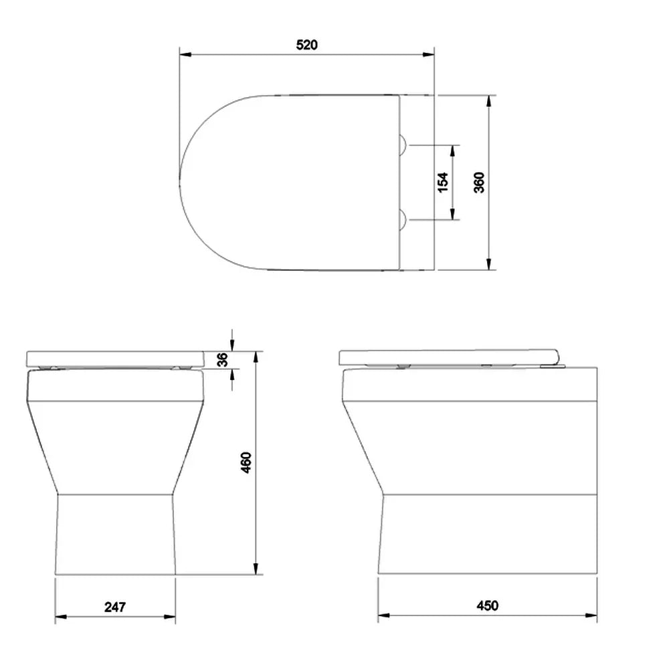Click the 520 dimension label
[x=307, y=45]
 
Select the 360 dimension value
[x=479, y=183]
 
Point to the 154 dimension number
[x=444, y=183]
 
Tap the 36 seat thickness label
[x=222, y=359]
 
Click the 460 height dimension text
[x=247, y=462]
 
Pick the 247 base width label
[x=115, y=607]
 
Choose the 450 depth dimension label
[x=487, y=605]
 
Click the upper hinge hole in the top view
[x=402, y=145]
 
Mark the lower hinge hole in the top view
[x=402, y=219]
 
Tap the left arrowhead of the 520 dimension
[x=185, y=55]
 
